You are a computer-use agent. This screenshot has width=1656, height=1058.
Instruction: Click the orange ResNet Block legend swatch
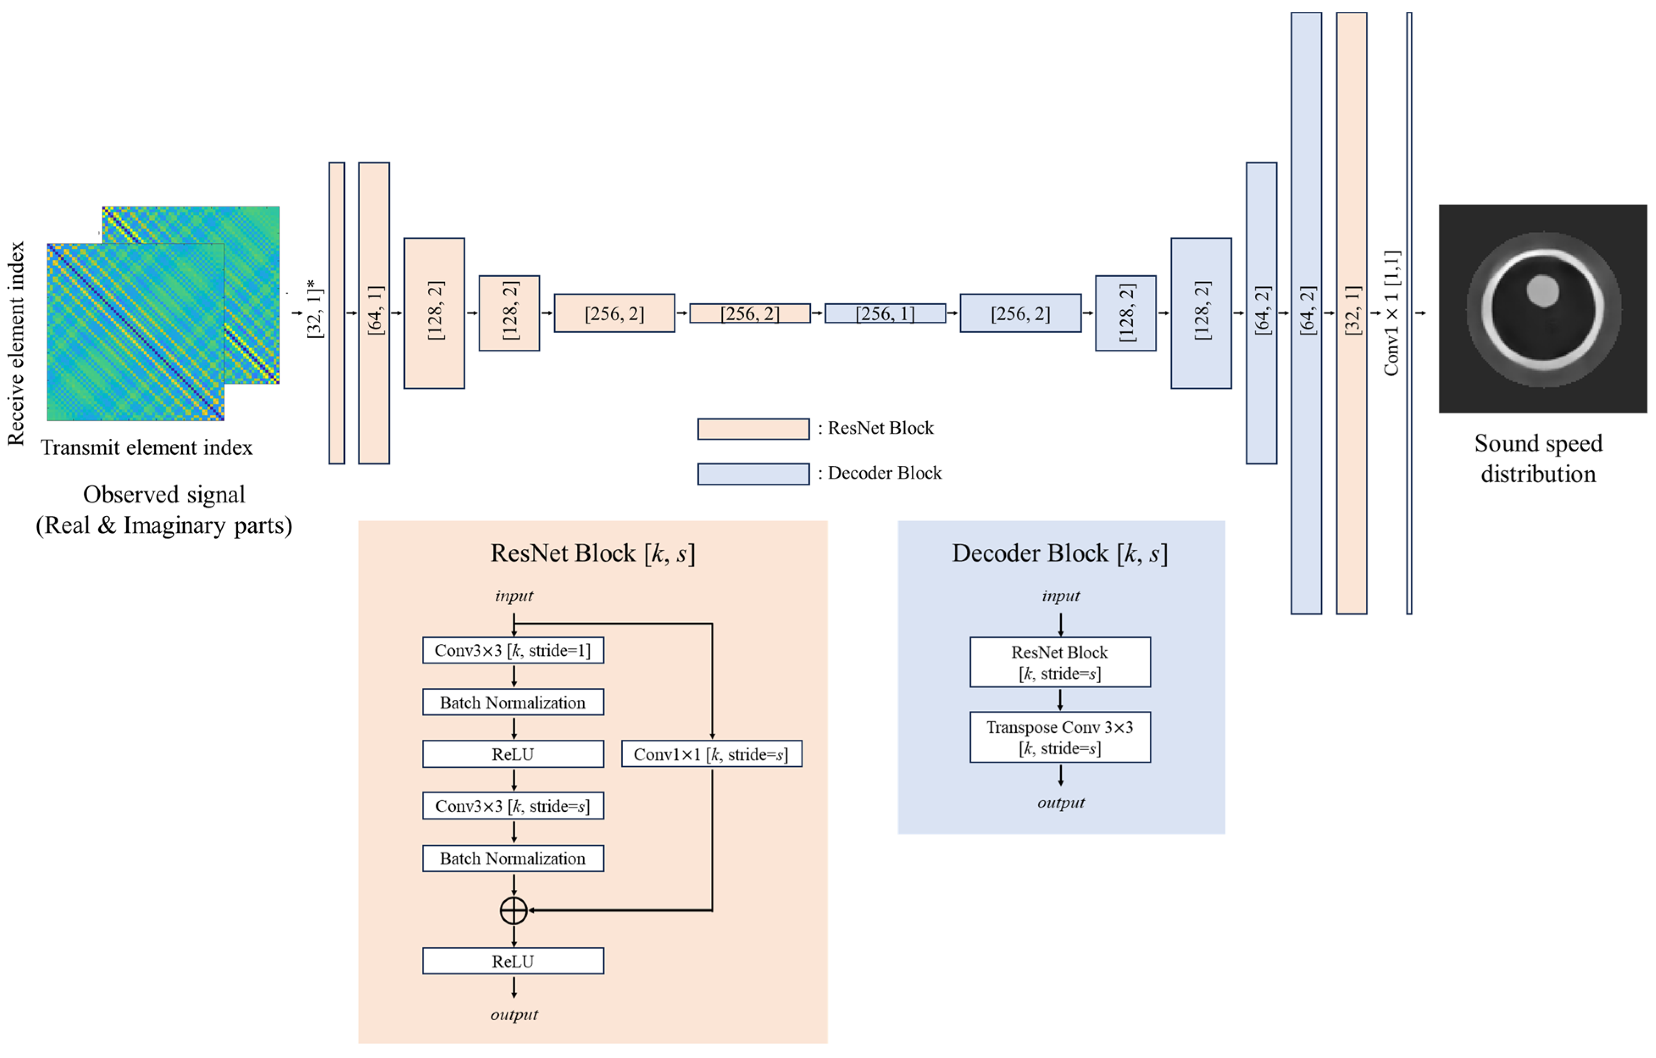click(x=753, y=429)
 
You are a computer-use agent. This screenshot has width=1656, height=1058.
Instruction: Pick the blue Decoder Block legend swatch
click(x=753, y=474)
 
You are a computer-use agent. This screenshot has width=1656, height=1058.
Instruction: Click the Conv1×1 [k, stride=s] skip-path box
click(x=711, y=754)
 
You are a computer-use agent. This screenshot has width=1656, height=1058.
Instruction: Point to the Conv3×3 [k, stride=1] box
click(x=513, y=650)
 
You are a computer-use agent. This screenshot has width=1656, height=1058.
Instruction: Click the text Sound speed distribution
click(x=1538, y=458)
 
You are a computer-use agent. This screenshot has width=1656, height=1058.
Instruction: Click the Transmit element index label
click(x=147, y=448)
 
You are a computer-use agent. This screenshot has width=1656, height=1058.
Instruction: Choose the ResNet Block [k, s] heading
click(x=592, y=553)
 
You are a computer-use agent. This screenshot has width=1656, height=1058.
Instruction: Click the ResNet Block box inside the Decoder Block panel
click(x=1060, y=662)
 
